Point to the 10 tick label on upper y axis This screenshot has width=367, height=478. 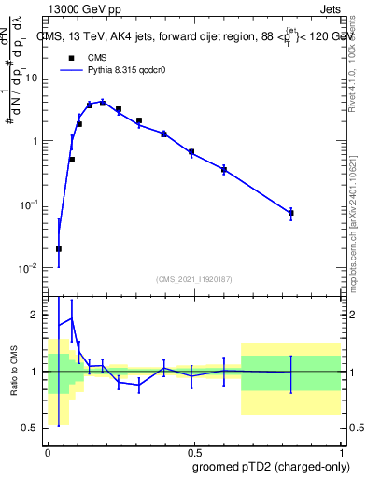coord(32,77)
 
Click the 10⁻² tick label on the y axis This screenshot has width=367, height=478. coord(29,268)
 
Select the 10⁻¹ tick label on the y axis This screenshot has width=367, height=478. coord(29,204)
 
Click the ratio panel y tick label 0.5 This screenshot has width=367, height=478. coord(31,428)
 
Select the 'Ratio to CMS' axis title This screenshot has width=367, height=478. coord(14,372)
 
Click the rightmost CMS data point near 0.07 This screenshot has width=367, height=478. coord(291,213)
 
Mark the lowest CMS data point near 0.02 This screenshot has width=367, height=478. coord(59,249)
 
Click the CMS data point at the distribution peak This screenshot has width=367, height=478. coord(103,103)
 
